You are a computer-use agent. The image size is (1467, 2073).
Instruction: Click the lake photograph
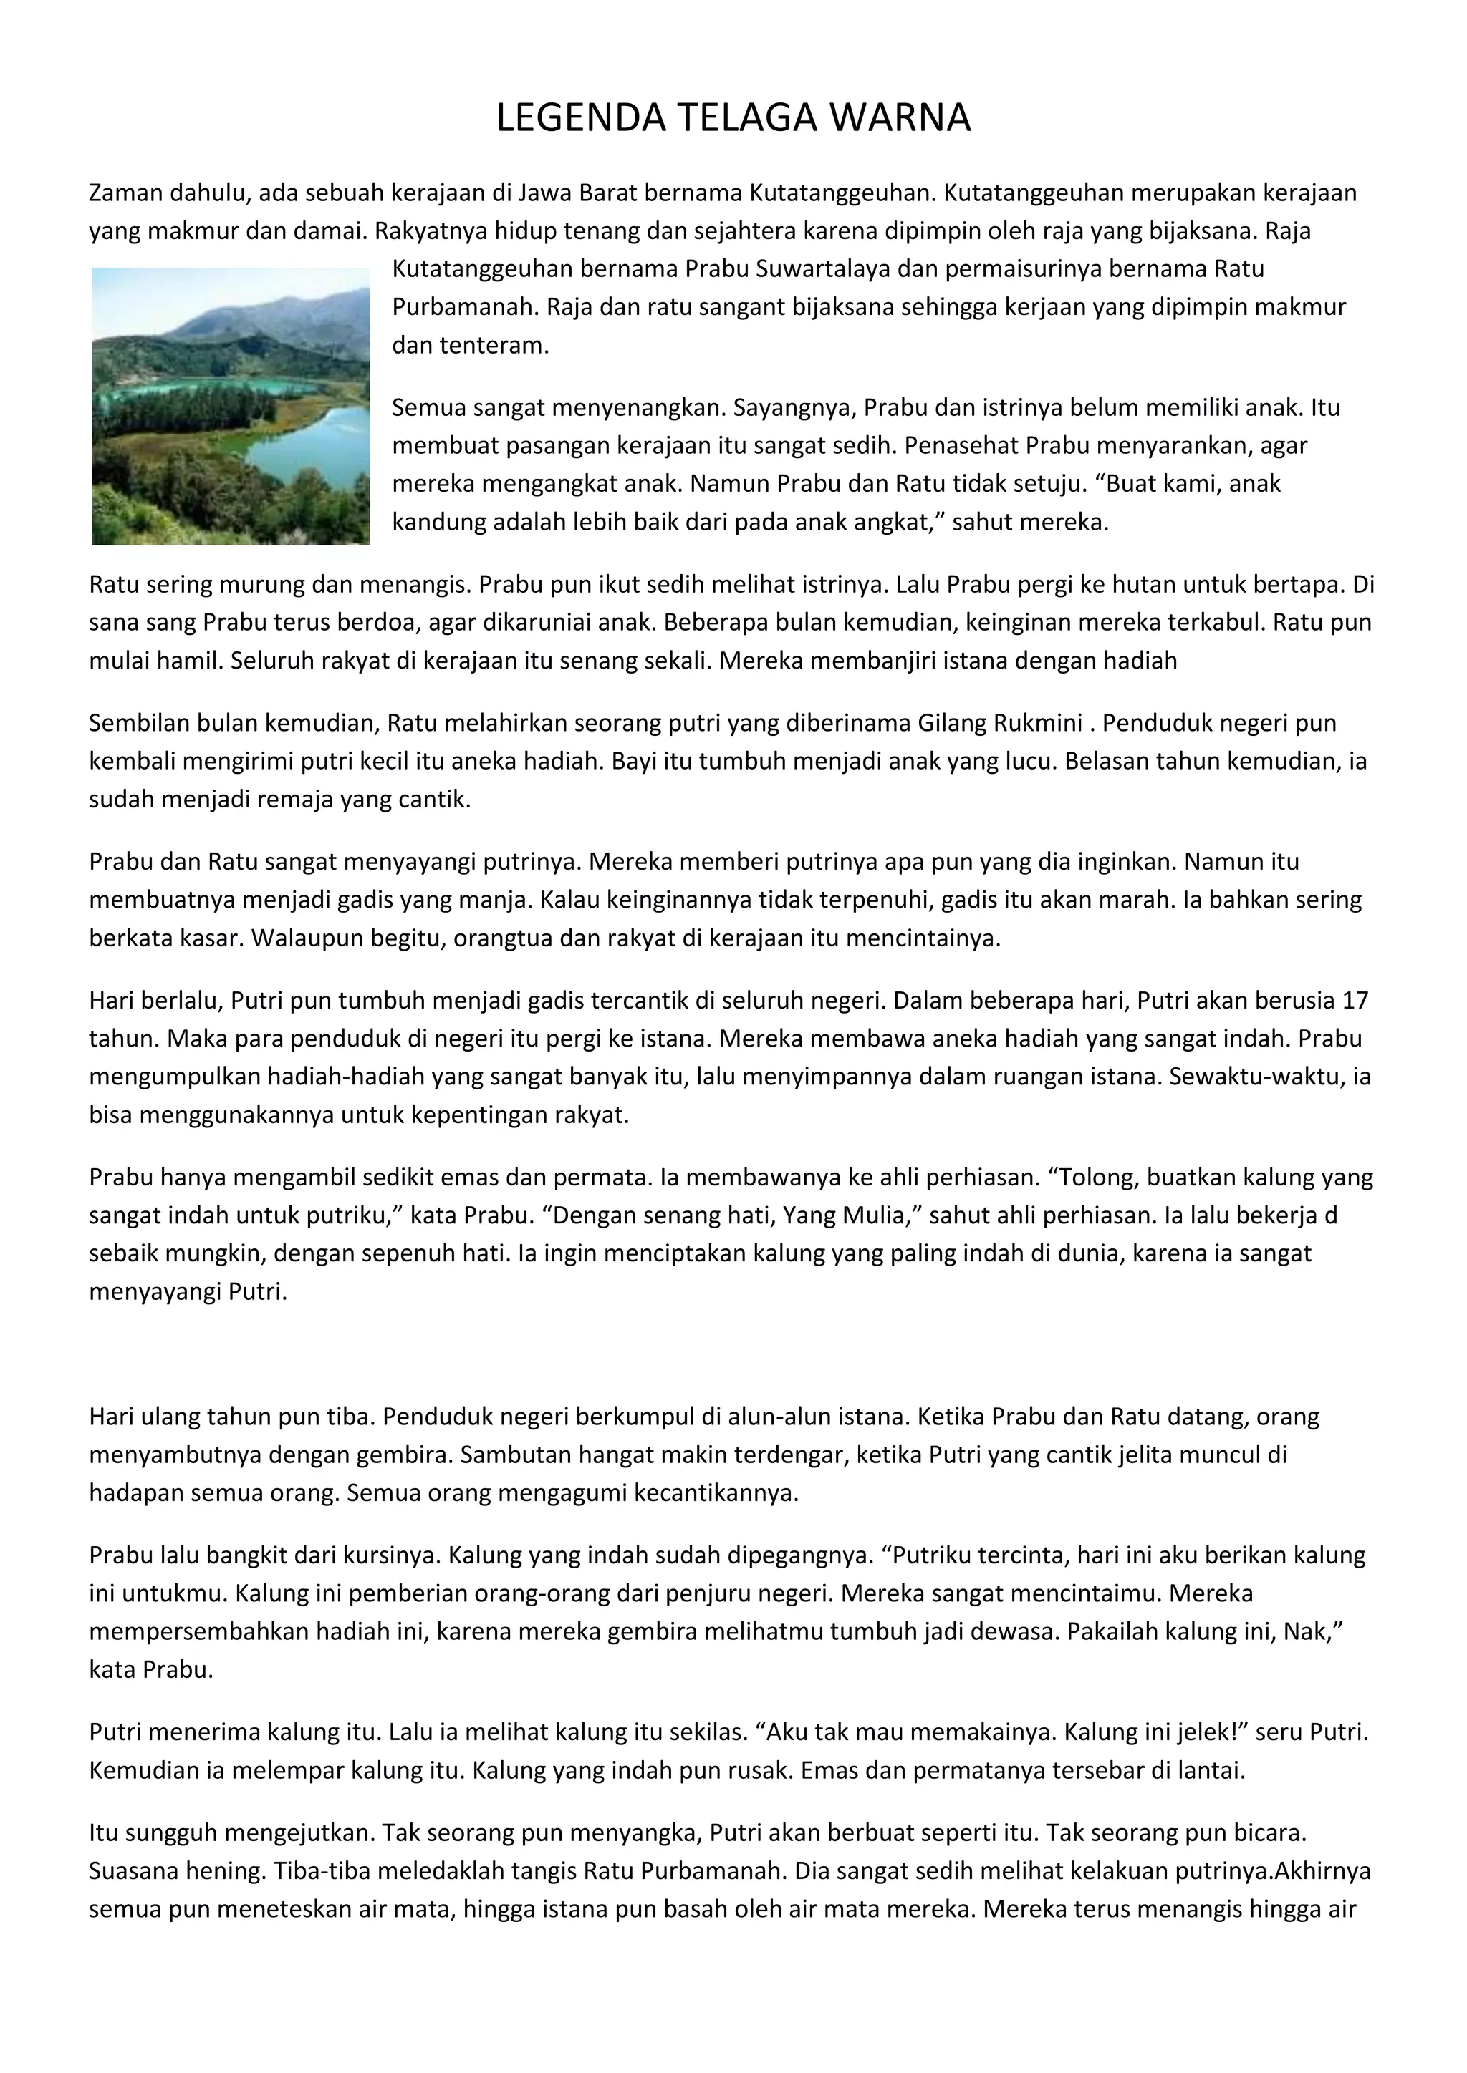tap(231, 407)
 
